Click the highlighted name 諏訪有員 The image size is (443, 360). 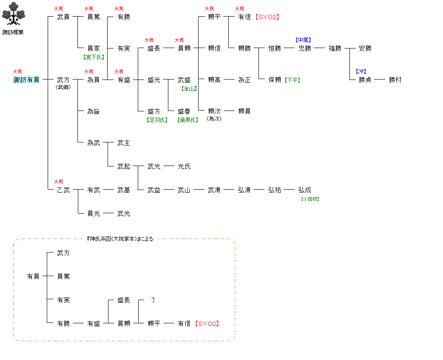click(x=26, y=80)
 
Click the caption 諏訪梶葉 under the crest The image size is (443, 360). click(x=13, y=32)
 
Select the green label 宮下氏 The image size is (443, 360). click(x=94, y=57)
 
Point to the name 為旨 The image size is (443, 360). click(x=94, y=111)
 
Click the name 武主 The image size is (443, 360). click(x=124, y=143)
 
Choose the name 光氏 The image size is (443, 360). click(x=184, y=166)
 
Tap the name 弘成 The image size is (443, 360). click(x=305, y=190)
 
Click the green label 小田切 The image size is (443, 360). click(x=310, y=199)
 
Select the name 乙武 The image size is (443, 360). click(x=63, y=190)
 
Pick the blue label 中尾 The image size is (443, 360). click(x=303, y=40)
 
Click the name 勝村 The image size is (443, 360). click(x=395, y=80)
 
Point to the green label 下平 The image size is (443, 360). click(x=292, y=80)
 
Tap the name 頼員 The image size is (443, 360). click(x=244, y=111)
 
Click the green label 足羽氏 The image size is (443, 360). click(x=157, y=120)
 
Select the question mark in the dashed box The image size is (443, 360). click(x=153, y=300)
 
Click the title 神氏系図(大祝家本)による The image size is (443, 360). click(x=120, y=239)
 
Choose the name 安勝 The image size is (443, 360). click(x=365, y=48)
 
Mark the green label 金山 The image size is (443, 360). click(x=189, y=88)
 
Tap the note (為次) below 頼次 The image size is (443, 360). click(x=214, y=119)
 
